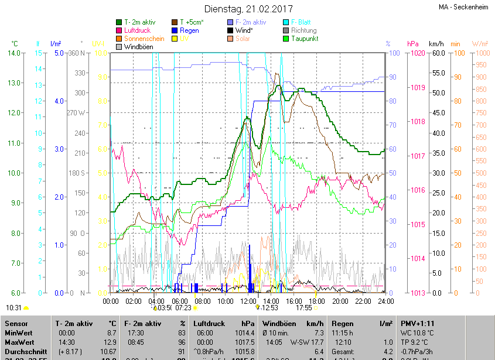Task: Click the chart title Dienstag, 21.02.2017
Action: (248, 9)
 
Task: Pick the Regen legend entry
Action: (189, 30)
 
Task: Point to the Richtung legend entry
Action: (303, 30)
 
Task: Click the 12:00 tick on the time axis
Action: (249, 301)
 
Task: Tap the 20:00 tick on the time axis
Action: (340, 301)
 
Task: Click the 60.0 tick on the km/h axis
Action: (437, 53)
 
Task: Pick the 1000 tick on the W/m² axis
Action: (480, 53)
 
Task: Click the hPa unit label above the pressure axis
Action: (412, 44)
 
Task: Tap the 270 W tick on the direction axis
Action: (76, 113)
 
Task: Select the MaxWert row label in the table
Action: (19, 342)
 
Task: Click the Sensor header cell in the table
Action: (16, 323)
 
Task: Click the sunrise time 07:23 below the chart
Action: (183, 307)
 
